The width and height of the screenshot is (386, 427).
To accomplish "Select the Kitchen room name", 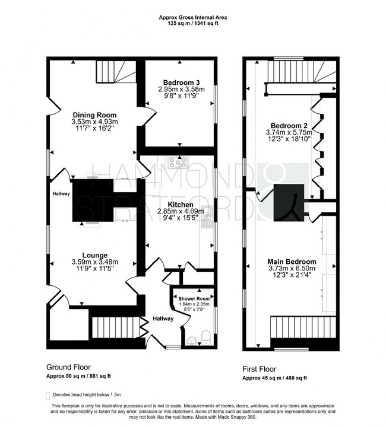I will (180, 205).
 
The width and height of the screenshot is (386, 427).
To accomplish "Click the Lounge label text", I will (95, 255).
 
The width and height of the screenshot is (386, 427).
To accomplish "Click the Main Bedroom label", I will (291, 262).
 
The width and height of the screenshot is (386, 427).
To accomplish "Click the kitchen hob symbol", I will (178, 162).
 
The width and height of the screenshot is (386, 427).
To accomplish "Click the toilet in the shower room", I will (205, 337).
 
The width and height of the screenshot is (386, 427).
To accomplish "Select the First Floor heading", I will (259, 369).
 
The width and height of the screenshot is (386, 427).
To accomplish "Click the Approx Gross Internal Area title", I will (193, 17).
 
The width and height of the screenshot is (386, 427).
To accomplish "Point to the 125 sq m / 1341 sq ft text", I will (193, 23).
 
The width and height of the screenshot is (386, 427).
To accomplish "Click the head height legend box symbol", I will (48, 395).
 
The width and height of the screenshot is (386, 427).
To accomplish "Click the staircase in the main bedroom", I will (303, 327).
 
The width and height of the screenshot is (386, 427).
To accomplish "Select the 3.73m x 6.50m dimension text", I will (291, 268).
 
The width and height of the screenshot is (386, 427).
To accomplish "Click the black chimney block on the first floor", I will (289, 202).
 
